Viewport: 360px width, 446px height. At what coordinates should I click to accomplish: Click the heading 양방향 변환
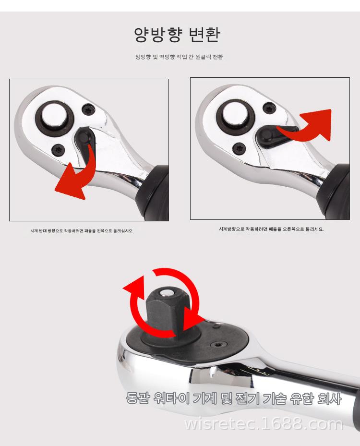tap(177, 35)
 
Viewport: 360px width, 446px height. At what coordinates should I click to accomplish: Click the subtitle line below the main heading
tap(179, 57)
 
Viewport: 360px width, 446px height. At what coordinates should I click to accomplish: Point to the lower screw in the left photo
tap(58, 149)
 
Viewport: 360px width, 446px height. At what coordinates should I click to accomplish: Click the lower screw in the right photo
tap(239, 148)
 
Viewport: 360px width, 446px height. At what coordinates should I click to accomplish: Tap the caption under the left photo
tap(82, 230)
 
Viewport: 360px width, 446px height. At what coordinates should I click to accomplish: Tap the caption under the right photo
tap(271, 229)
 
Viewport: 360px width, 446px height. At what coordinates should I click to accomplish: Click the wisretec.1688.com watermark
tap(264, 424)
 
